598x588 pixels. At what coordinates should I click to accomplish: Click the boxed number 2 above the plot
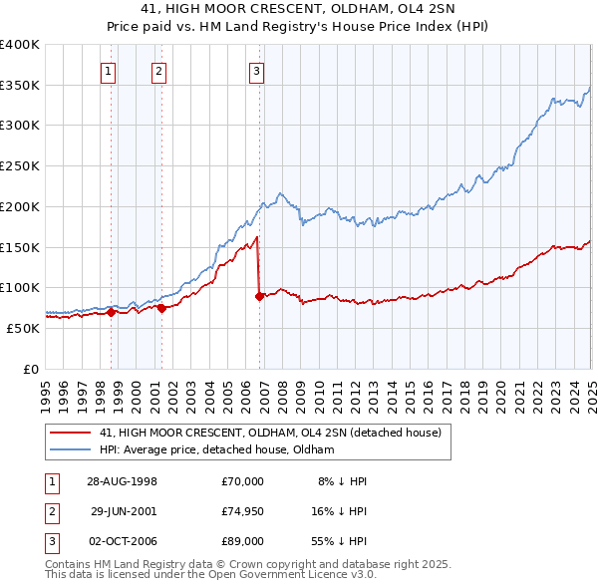[x=158, y=71]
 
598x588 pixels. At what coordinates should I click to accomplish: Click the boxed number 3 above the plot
[x=256, y=71]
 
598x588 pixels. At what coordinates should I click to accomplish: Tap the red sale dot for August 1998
[x=111, y=312]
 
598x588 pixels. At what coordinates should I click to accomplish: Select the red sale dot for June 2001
[x=162, y=308]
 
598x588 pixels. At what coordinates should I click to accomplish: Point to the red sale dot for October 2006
[x=259, y=296]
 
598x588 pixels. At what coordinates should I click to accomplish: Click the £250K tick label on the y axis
[x=20, y=166]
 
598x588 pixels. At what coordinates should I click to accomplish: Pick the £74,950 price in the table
[x=242, y=511]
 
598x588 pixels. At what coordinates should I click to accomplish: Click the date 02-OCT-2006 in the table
[x=124, y=541]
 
